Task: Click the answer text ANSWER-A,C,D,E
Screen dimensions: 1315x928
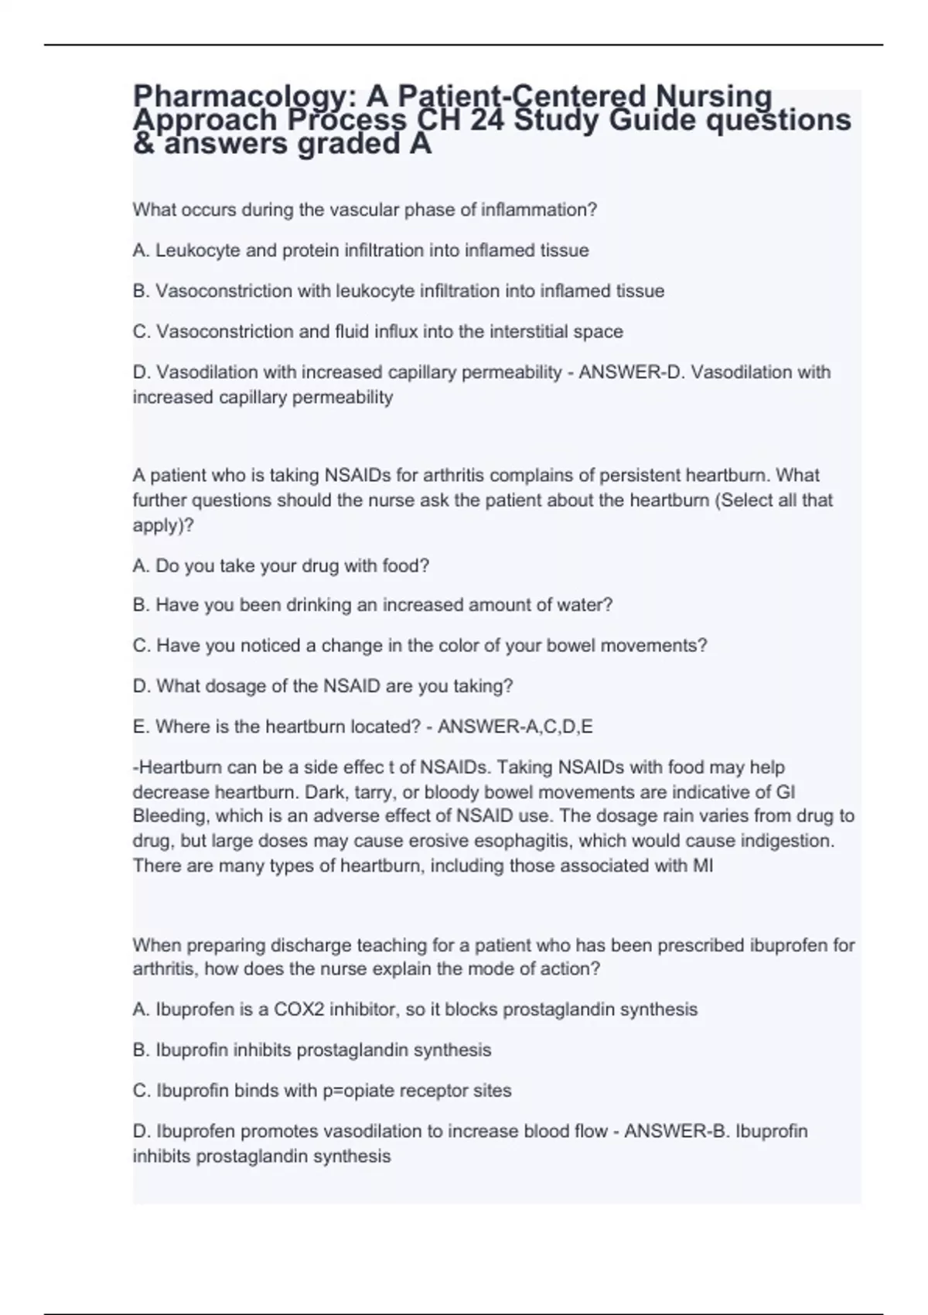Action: click(515, 727)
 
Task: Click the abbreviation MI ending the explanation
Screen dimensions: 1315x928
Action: click(702, 866)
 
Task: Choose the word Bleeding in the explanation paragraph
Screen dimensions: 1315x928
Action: click(170, 816)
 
